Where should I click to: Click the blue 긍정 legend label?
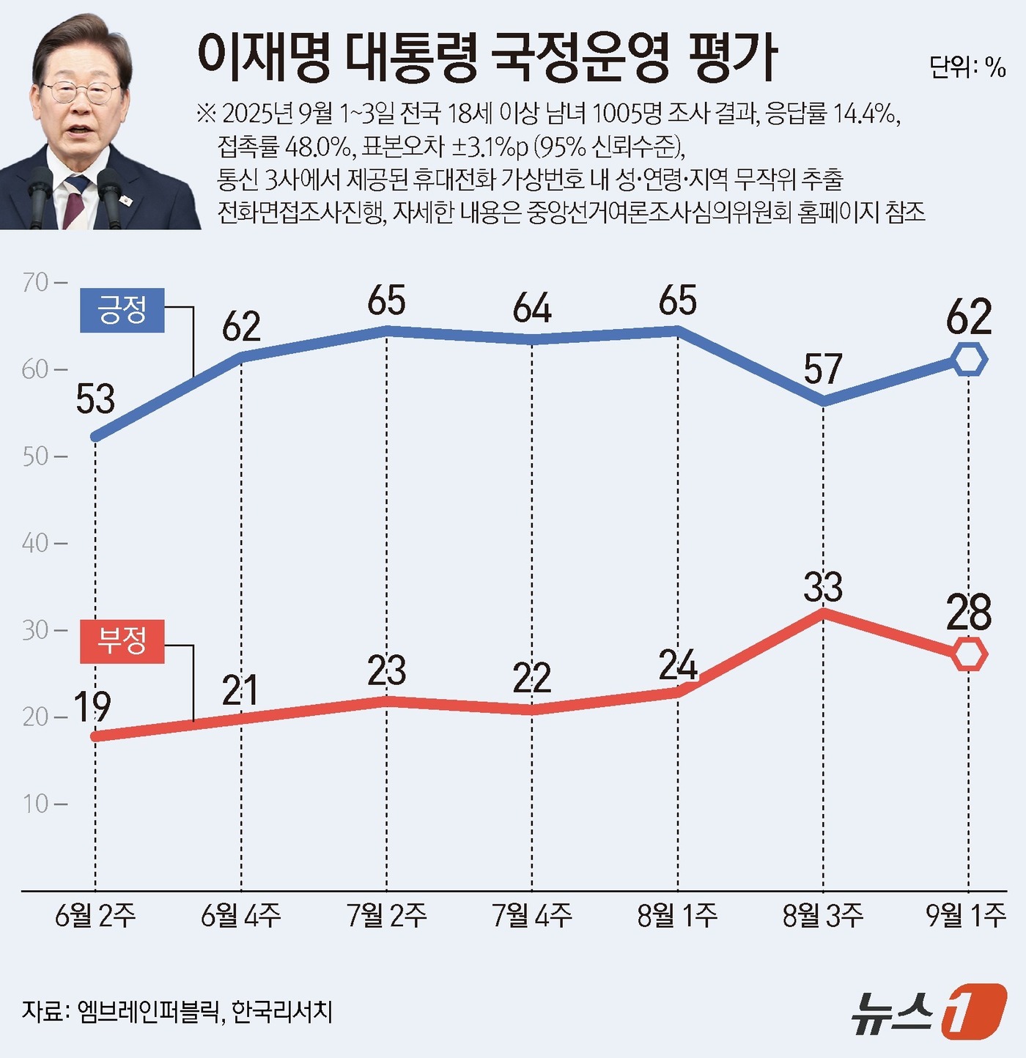click(122, 310)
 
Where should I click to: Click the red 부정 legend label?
click(122, 641)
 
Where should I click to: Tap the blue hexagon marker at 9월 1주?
click(969, 360)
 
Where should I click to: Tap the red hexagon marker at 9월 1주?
click(969, 654)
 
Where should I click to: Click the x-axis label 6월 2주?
click(95, 915)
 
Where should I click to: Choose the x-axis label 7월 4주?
click(532, 915)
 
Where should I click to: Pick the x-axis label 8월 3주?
click(823, 915)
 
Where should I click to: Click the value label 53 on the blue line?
click(95, 399)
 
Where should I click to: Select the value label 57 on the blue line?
click(823, 369)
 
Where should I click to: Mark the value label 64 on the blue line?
click(532, 308)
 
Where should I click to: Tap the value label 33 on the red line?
click(823, 587)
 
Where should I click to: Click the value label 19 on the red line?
click(92, 707)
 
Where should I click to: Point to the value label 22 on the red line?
click(532, 678)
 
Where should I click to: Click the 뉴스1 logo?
click(928, 1013)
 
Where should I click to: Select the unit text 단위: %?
click(967, 67)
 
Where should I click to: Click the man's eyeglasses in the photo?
click(82, 92)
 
